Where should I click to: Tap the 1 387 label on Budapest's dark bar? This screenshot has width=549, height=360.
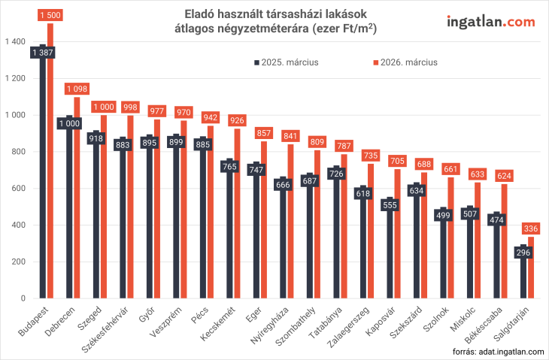click(x=43, y=53)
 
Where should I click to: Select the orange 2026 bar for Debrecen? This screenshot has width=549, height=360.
click(x=77, y=210)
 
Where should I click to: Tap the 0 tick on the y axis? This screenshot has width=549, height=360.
click(x=23, y=298)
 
